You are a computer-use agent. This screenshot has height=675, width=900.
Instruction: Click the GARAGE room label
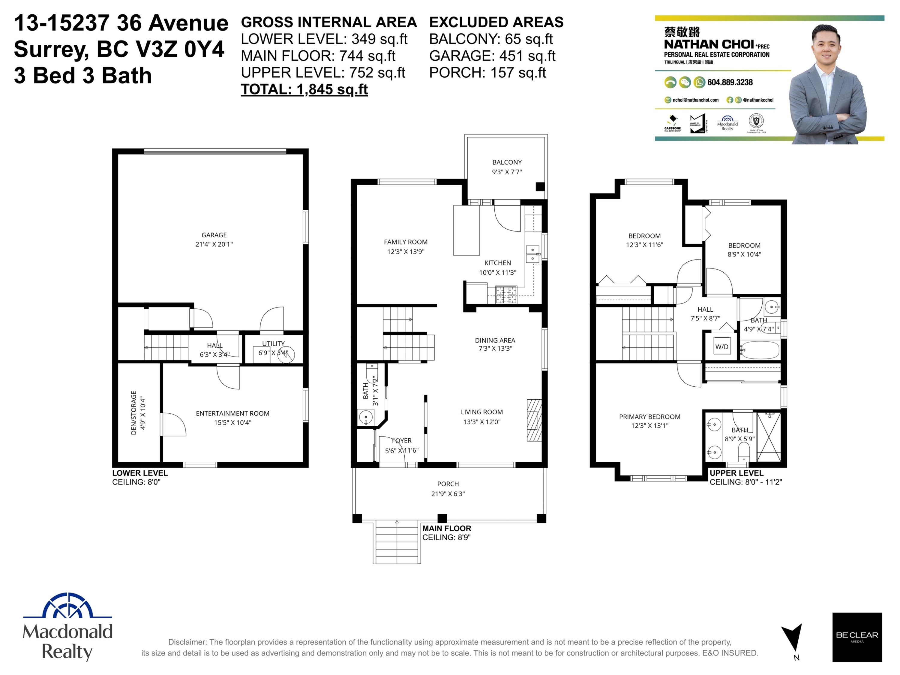pyautogui.click(x=214, y=235)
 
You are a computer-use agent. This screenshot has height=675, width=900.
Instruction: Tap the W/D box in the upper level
pyautogui.click(x=721, y=347)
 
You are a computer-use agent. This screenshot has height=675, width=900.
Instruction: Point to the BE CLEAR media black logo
pyautogui.click(x=856, y=637)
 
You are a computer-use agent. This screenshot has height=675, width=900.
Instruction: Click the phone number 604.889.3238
pyautogui.click(x=730, y=82)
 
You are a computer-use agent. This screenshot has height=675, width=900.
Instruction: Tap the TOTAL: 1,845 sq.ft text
pyautogui.click(x=304, y=89)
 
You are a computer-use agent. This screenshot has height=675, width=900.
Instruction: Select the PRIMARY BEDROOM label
pyautogui.click(x=649, y=417)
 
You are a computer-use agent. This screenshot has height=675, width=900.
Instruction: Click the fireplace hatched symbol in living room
pyautogui.click(x=534, y=420)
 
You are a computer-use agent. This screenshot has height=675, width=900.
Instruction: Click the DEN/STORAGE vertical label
pyautogui.click(x=134, y=413)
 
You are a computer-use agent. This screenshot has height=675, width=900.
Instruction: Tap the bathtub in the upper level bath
pyautogui.click(x=759, y=350)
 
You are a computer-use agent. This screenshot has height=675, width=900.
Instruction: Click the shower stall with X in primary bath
pyautogui.click(x=769, y=437)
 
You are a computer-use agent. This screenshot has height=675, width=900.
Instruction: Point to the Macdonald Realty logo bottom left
pyautogui.click(x=67, y=627)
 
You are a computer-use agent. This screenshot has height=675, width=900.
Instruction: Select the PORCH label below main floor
pyautogui.click(x=448, y=484)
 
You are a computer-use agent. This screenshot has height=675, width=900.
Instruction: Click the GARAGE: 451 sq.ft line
pyautogui.click(x=492, y=56)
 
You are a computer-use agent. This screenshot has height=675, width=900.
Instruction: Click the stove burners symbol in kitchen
pyautogui.click(x=506, y=295)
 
